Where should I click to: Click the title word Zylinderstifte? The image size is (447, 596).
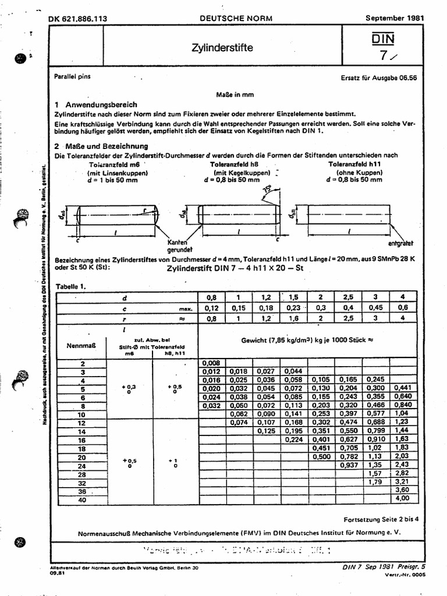point(222,48)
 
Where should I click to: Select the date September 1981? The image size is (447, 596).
point(394,18)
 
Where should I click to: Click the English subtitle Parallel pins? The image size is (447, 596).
point(73,76)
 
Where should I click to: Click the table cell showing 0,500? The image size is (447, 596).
point(320,457)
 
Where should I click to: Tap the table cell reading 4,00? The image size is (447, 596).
point(402,499)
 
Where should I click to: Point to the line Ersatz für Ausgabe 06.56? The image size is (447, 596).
point(382,77)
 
